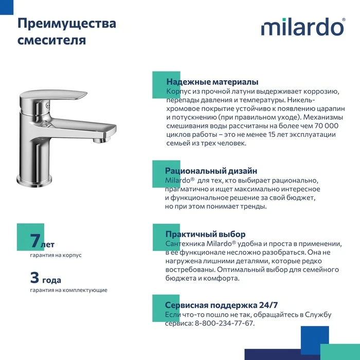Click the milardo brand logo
(x=302, y=27)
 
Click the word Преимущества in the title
(x=66, y=24)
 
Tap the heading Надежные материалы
(x=212, y=82)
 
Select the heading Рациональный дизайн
(x=211, y=171)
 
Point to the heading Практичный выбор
(x=206, y=234)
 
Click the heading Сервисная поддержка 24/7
(x=221, y=305)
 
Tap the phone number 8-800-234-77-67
(x=224, y=323)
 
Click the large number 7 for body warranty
(x=35, y=241)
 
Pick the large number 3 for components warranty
(x=34, y=277)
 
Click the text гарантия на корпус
(x=56, y=255)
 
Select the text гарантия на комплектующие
(x=68, y=290)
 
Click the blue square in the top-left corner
(x=7, y=7)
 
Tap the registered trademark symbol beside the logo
(x=344, y=20)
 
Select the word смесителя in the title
(x=51, y=40)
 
